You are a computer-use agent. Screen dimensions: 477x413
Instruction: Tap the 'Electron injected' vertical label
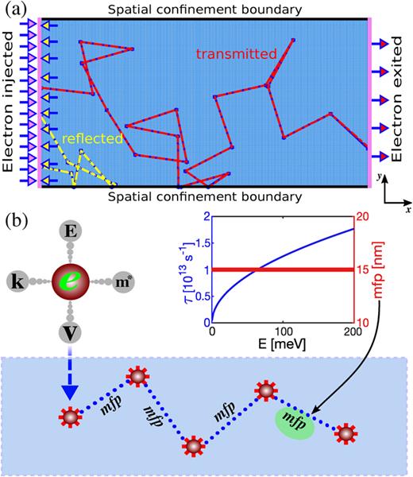10,103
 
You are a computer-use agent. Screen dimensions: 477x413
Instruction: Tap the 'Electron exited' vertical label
402,103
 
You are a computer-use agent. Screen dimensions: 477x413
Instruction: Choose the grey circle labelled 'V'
69,326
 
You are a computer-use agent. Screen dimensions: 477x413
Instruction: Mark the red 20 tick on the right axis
361,217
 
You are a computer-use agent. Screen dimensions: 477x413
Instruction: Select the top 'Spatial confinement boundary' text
206,9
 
